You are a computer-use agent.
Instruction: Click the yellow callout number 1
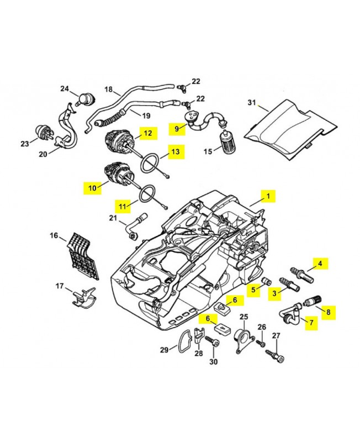coord(268,196)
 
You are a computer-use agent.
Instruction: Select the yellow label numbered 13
coord(174,151)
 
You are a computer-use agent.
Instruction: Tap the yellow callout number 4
coord(320,263)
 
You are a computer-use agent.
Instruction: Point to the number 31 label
coord(252,103)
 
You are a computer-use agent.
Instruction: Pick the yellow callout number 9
coord(177,129)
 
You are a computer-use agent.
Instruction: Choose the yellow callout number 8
coord(328,312)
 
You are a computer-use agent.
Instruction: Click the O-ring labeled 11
coord(146,194)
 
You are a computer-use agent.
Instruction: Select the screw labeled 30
coord(213,345)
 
